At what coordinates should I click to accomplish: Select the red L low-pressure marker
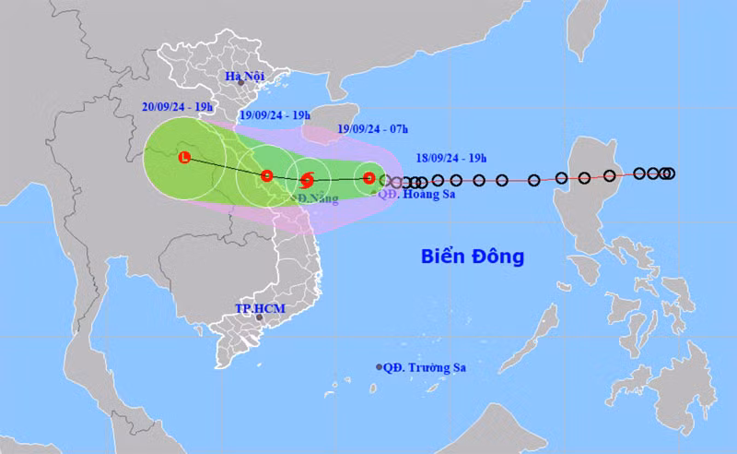click(x=184, y=157)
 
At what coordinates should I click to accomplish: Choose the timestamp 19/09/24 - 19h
click(x=273, y=116)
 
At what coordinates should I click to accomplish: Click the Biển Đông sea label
click(x=472, y=256)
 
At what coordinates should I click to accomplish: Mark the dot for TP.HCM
click(x=259, y=318)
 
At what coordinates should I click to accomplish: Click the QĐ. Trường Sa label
click(x=427, y=367)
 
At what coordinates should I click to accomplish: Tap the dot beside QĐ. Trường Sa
click(x=380, y=367)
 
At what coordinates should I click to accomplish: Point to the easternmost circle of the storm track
click(x=670, y=173)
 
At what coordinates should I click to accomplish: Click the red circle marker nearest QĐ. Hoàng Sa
click(x=368, y=178)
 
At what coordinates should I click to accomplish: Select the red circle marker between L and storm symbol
click(x=266, y=175)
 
